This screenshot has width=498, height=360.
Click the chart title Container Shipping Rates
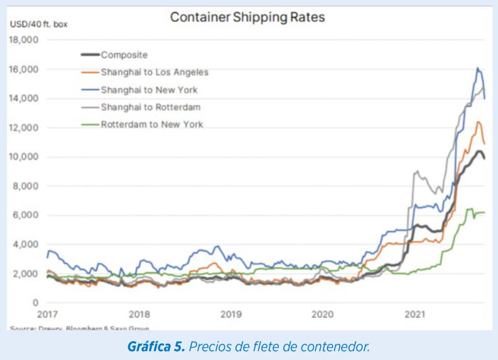tap(247, 17)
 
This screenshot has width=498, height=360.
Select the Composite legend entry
tap(124, 56)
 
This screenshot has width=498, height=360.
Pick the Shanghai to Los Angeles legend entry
tap(154, 73)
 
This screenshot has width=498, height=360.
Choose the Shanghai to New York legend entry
tap(149, 90)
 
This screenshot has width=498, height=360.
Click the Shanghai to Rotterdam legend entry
tap(150, 107)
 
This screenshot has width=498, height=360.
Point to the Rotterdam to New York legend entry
tap(152, 124)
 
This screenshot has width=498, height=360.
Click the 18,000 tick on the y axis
tap(24, 40)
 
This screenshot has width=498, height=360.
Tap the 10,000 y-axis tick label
tap(24, 157)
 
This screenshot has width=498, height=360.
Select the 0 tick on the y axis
tap(36, 303)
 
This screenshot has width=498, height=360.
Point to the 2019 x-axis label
tap(231, 315)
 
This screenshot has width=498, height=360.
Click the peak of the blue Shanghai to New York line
tap(477, 68)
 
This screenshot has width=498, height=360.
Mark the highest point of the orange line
tap(479, 122)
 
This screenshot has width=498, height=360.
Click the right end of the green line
tap(484, 213)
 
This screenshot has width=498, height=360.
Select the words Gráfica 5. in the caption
tap(156, 347)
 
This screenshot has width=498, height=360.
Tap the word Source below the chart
tap(21, 328)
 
